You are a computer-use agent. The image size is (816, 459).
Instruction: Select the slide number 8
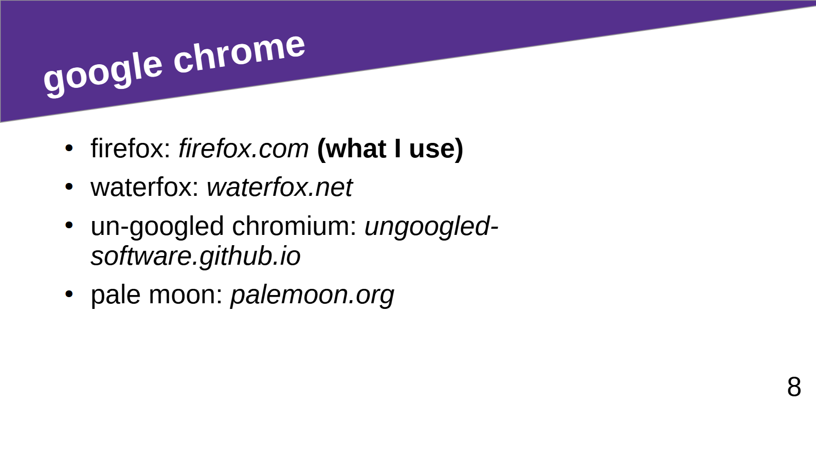click(794, 387)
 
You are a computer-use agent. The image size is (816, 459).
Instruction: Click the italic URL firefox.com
click(243, 149)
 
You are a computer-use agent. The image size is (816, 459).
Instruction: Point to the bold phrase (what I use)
click(390, 149)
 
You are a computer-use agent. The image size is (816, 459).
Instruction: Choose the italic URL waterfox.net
click(279, 187)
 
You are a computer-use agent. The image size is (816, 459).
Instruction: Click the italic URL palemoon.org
click(312, 295)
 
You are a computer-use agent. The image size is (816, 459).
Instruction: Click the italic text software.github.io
click(195, 256)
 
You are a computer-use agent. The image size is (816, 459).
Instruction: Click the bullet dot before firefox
click(69, 148)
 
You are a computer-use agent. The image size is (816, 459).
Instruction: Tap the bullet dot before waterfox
click(69, 187)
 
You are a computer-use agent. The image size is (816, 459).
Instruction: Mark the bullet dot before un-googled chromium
click(69, 226)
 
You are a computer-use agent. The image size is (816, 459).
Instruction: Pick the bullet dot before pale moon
click(69, 294)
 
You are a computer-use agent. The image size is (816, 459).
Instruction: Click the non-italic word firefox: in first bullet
click(131, 149)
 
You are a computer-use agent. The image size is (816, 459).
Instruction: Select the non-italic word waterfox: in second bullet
click(144, 187)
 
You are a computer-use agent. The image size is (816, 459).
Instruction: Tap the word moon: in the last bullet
click(186, 295)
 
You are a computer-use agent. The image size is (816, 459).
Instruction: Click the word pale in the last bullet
click(116, 295)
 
